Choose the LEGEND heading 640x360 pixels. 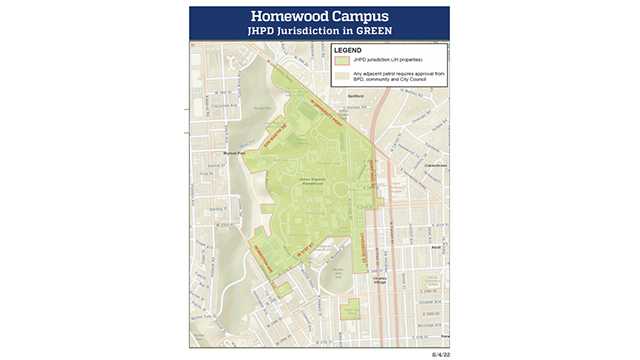point(347,49)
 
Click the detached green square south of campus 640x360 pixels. point(350,309)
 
